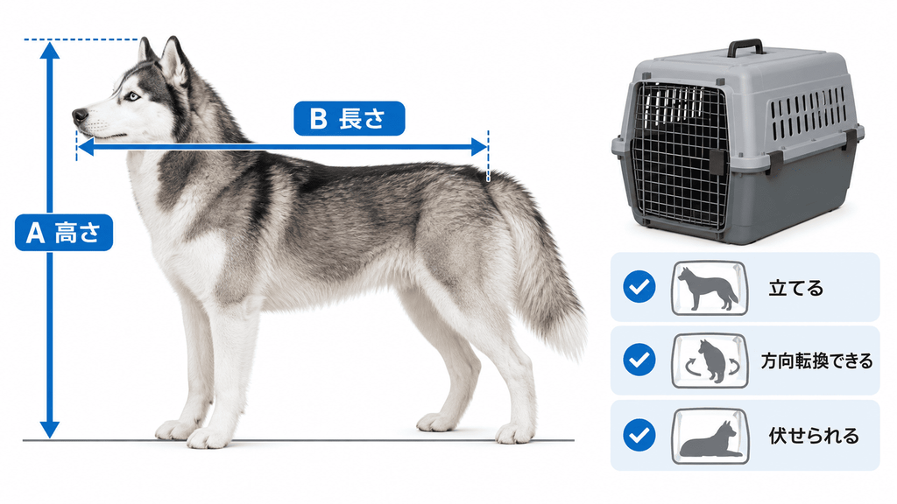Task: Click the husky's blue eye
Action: [133, 96]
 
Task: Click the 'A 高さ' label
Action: [64, 233]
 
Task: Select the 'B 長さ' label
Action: [349, 118]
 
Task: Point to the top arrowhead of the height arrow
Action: [50, 50]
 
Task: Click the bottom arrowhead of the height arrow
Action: [50, 430]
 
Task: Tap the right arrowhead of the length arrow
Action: [479, 147]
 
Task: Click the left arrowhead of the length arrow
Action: [85, 147]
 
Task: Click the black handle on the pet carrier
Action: [745, 48]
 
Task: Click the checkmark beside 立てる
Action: [639, 286]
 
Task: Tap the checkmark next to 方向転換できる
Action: [639, 360]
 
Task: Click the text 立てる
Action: [795, 288]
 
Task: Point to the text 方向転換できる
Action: [816, 361]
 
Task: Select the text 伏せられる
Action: [814, 436]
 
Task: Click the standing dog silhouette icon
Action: [710, 288]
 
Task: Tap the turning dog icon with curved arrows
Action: [710, 361]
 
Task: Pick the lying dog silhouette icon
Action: [710, 436]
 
